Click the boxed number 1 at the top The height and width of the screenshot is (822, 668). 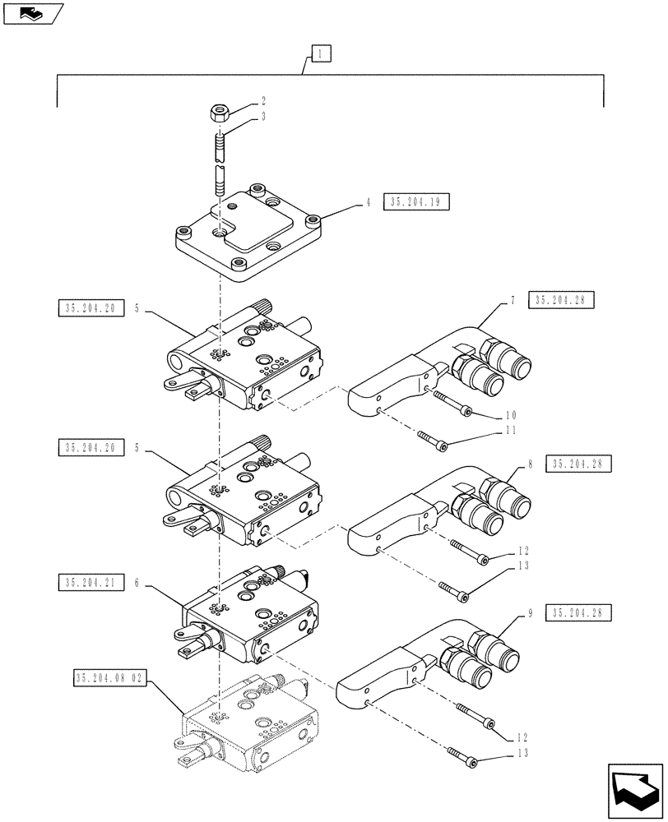pyautogui.click(x=320, y=55)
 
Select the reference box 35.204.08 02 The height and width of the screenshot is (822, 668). pyautogui.click(x=109, y=679)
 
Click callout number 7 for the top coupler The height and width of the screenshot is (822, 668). pyautogui.click(x=511, y=301)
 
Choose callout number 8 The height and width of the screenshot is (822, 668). pyautogui.click(x=531, y=464)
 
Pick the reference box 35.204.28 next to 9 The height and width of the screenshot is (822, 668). pyautogui.click(x=582, y=613)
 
